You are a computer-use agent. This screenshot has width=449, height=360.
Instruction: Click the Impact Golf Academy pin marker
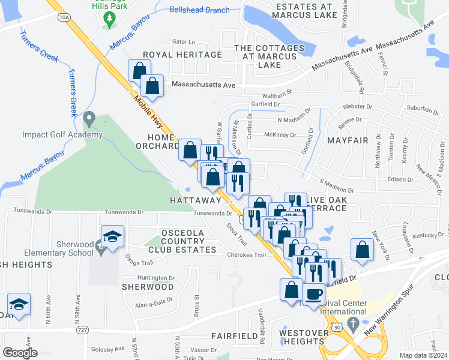[x=89, y=119]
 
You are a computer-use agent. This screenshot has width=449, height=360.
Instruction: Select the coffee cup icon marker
[x=313, y=294]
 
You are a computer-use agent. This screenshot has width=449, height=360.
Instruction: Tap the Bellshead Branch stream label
[x=199, y=10]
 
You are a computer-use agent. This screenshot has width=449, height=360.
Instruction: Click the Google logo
[x=20, y=352]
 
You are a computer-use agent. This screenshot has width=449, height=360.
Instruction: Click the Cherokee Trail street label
[x=246, y=255]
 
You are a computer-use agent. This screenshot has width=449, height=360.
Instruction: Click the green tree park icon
[x=109, y=20]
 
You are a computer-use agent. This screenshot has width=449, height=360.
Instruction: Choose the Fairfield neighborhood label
[x=234, y=336]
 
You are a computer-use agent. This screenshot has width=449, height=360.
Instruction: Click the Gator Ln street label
[x=184, y=42]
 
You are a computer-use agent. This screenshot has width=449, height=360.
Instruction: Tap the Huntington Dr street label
[x=155, y=278]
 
